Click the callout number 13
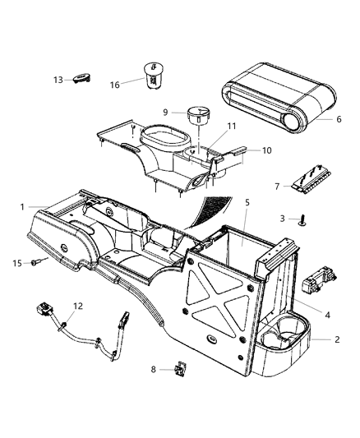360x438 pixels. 58,80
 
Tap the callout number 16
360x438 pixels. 114,84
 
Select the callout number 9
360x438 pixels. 165,113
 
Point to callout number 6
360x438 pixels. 339,118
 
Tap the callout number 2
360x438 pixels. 337,338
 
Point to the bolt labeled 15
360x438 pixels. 36,263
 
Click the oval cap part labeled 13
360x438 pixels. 81,78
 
